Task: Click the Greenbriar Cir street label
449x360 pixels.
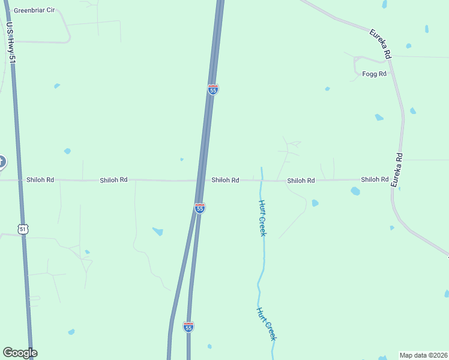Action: coord(34,10)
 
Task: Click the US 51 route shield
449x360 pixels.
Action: coord(23,229)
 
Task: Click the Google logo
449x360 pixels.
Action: coord(20,353)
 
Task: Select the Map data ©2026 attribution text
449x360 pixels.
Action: coord(423,355)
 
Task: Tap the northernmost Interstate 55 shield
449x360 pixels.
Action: coord(213,89)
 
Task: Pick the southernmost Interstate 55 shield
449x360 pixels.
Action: coord(188,327)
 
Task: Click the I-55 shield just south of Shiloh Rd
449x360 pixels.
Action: coord(200,208)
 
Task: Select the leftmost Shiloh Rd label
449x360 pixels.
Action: coord(40,179)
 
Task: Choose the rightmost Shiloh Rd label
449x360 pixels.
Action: coord(375,179)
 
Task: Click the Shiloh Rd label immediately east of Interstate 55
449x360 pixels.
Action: coord(225,180)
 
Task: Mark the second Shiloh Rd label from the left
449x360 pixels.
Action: coord(113,179)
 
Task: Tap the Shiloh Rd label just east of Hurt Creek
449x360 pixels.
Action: coord(301,180)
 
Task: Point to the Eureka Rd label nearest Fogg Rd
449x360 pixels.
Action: coord(381,44)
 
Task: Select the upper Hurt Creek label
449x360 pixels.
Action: coord(262,218)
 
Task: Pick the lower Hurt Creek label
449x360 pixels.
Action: coord(267,324)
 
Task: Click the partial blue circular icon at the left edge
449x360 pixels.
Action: coord(2,161)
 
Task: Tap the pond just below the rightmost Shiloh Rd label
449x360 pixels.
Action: coord(355,191)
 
